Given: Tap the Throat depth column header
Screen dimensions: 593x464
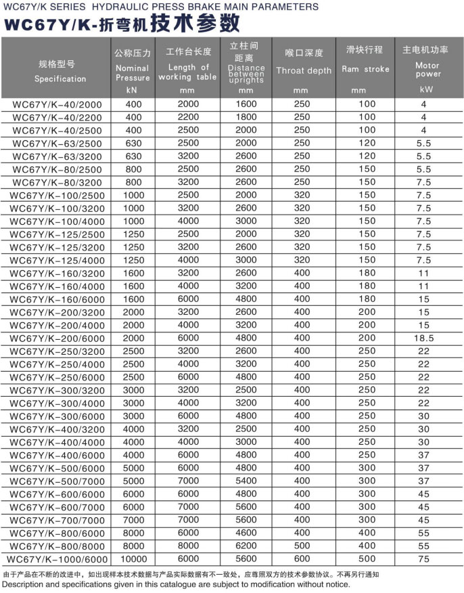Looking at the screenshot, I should tap(304, 70).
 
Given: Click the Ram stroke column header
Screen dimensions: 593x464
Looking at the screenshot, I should tap(365, 69).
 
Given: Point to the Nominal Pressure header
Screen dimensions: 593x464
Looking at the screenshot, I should tap(133, 72).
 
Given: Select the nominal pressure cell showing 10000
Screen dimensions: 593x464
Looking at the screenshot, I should tap(133, 558).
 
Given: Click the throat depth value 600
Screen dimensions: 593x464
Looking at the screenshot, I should tap(302, 558).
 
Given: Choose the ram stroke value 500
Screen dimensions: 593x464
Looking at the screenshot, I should tap(367, 558).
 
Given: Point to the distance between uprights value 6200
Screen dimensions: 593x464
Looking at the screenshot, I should tap(246, 546).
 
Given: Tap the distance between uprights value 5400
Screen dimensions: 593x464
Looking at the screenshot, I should tap(246, 481).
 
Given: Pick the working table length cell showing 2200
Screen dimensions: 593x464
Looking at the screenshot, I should tap(189, 117).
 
